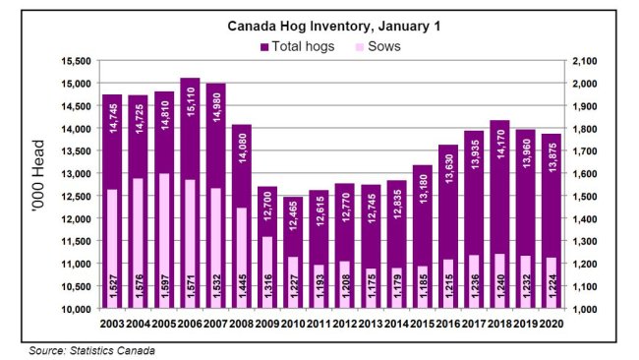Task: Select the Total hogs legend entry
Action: pyautogui.click(x=299, y=46)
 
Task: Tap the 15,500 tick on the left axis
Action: pyautogui.click(x=77, y=60)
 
